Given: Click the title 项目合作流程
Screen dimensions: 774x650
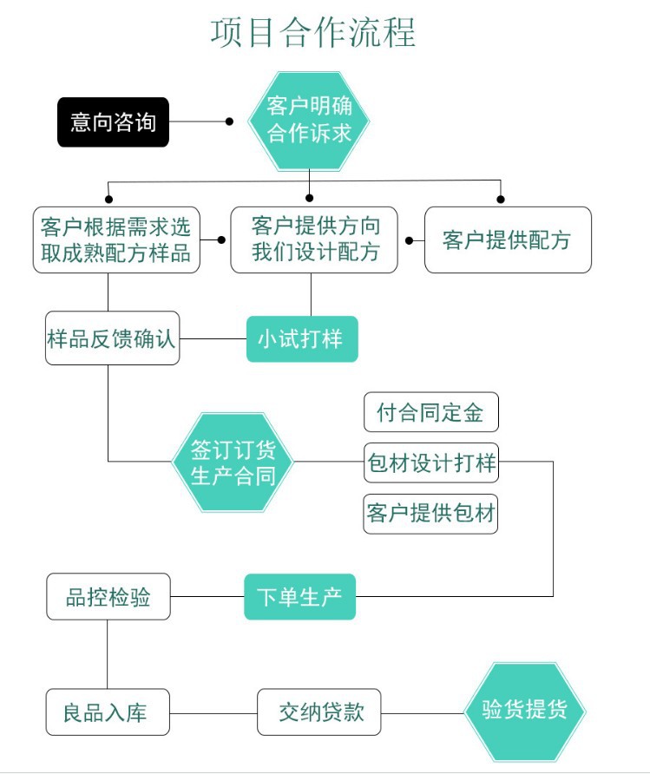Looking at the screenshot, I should coord(313,32).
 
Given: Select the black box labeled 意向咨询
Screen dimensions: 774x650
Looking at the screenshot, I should coord(113,122).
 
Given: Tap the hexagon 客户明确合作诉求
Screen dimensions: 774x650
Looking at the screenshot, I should coord(309,120).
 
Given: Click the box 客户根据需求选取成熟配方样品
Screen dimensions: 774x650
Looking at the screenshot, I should coord(115,240).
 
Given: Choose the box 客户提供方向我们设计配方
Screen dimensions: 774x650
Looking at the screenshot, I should coord(316,239).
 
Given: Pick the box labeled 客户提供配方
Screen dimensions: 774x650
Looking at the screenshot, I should coord(508,239).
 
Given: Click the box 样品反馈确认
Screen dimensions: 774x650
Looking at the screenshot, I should coord(112,338).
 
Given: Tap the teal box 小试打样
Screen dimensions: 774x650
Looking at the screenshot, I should coord(302,338).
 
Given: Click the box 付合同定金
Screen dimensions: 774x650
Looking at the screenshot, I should coord(431,412).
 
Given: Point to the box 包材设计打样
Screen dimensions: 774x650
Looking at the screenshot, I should coord(431,463).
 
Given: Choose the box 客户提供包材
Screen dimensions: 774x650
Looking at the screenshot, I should coord(431,514).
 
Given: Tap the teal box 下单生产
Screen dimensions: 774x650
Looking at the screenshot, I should coord(299,597).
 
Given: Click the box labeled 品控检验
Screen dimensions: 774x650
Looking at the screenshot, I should coord(108,597).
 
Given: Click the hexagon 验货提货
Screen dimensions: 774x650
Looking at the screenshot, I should coord(525,712).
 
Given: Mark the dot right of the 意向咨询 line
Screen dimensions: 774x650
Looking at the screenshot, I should coord(229,122).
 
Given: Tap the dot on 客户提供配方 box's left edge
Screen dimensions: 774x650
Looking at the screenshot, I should coord(409,239).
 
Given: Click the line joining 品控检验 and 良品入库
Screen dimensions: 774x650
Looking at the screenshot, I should coord(108,654).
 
